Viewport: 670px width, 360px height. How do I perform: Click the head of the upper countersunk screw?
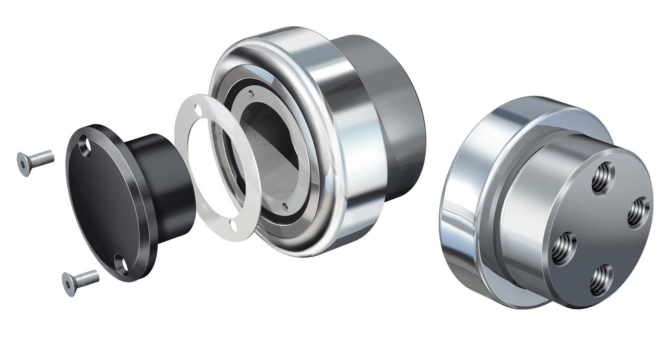click(24, 164)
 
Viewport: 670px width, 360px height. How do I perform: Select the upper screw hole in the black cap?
click(84, 147)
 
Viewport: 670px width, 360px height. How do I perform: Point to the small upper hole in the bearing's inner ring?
click(251, 94)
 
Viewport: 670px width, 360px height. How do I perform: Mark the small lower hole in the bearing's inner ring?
click(285, 206)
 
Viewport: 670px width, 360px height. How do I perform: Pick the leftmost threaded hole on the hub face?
click(564, 248)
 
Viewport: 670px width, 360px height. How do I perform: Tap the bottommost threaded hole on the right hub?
click(601, 280)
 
